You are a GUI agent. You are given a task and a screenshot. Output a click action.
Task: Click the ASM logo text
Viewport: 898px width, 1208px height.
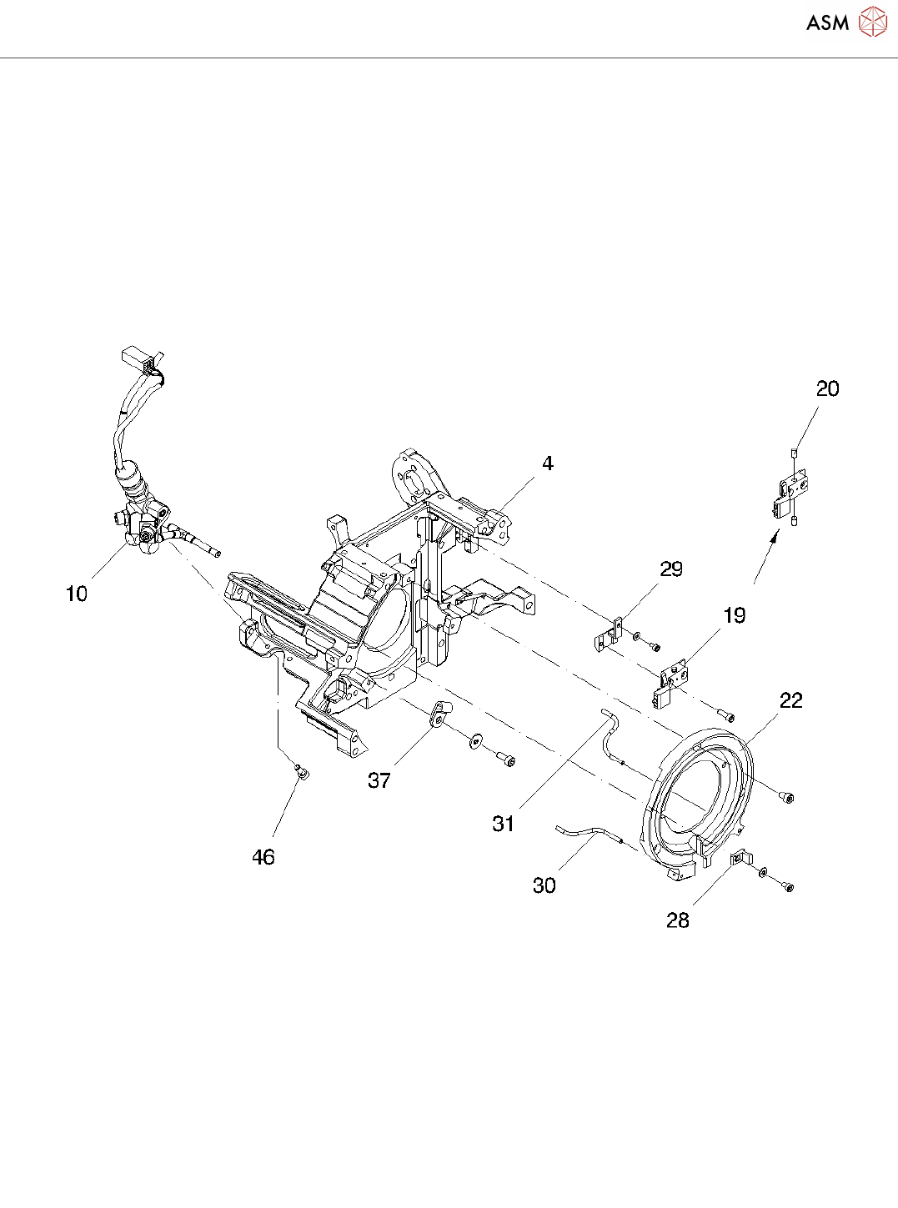click(x=827, y=23)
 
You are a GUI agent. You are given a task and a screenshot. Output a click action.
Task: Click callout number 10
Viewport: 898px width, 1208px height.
click(x=77, y=594)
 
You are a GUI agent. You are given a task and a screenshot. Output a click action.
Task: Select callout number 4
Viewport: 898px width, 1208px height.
click(x=547, y=464)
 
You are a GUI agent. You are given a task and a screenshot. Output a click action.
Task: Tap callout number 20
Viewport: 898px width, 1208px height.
click(x=827, y=388)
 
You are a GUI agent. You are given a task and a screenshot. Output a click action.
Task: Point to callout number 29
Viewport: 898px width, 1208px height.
click(x=671, y=569)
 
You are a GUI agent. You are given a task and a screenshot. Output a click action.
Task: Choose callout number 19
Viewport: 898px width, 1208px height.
click(x=734, y=616)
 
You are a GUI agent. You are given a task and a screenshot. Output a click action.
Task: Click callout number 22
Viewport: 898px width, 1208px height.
click(x=790, y=701)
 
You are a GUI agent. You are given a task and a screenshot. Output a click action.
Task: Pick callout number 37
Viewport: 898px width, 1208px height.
click(x=379, y=780)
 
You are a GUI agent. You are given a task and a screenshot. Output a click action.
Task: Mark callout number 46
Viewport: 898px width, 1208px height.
click(x=263, y=857)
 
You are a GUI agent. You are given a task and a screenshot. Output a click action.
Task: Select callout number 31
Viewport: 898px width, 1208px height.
click(x=504, y=824)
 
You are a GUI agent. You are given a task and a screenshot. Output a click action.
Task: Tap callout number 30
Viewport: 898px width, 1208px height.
click(x=544, y=885)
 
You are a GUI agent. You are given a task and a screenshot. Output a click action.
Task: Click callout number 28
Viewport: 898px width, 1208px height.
click(x=678, y=920)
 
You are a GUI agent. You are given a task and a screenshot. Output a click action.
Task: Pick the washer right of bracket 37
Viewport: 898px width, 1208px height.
click(x=476, y=741)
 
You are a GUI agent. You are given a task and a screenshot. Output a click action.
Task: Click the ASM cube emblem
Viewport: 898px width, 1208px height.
click(x=872, y=23)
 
